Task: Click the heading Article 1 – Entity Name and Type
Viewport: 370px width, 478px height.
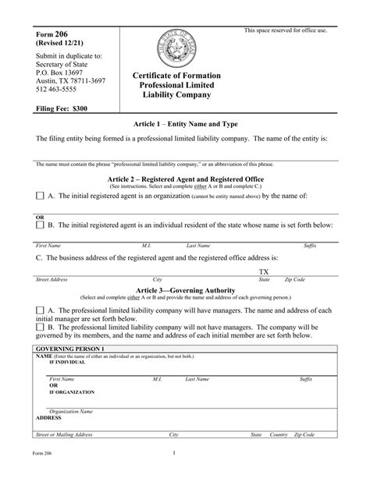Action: pyautogui.click(x=186, y=124)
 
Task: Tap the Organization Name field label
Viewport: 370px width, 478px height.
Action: pyautogui.click(x=71, y=410)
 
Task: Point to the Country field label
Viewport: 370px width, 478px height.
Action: pyautogui.click(x=279, y=434)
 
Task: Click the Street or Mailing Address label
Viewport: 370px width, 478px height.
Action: pyautogui.click(x=70, y=434)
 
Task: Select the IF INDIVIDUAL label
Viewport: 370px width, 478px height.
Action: pyautogui.click(x=68, y=363)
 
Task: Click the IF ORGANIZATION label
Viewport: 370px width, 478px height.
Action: pyautogui.click(x=72, y=392)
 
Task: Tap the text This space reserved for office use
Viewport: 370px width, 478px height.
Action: pyautogui.click(x=286, y=30)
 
